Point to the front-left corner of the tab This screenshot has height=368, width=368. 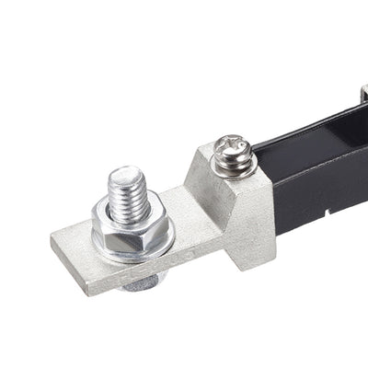tap(90, 292)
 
